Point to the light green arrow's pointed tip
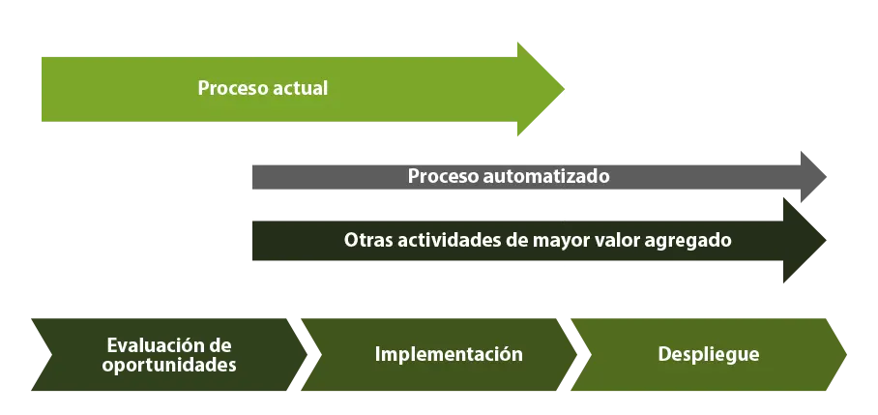(564, 88)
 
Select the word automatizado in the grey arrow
(546, 176)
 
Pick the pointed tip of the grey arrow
(826, 177)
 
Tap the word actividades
(442, 240)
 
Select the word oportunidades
(169, 365)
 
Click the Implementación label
(449, 354)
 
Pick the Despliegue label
(709, 354)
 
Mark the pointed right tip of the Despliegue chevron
(846, 354)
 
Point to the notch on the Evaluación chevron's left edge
(51, 354)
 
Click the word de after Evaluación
(219, 344)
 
